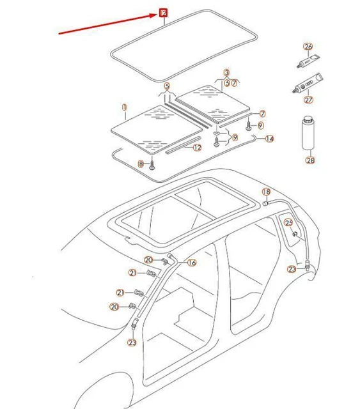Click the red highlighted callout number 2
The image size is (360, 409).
tap(163, 12)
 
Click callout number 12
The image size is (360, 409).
tap(197, 148)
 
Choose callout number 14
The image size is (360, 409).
tap(269, 139)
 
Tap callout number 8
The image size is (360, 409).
tap(141, 164)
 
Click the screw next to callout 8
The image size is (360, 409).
tap(153, 165)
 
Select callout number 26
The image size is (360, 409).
tap(308, 47)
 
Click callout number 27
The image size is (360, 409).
tap(309, 100)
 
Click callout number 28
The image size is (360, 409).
tap(310, 160)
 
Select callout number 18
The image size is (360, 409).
tap(266, 192)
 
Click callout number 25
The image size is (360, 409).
tap(288, 222)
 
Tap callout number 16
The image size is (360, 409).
tap(192, 263)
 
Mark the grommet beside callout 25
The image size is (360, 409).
tap(295, 235)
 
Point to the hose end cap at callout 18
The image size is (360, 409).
tap(264, 203)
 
